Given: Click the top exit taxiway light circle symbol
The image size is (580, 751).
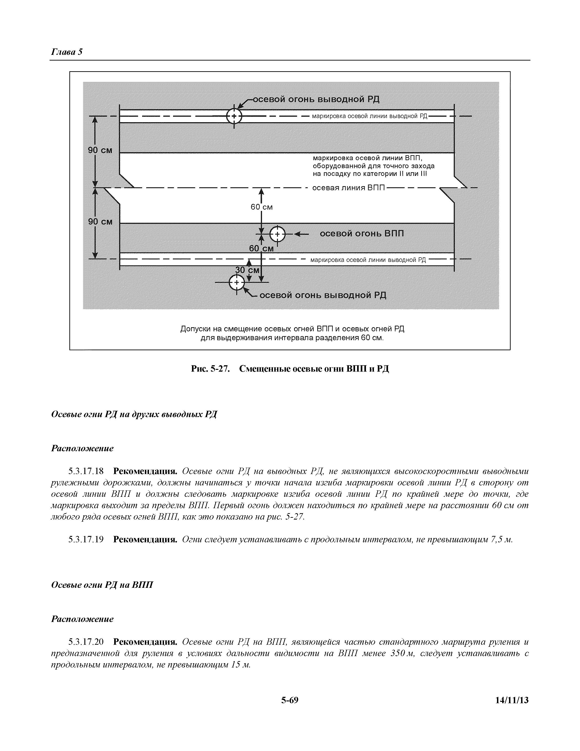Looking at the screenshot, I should (234, 116).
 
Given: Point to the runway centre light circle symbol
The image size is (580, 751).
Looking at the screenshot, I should (277, 234).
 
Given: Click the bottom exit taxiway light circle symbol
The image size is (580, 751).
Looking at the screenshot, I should (236, 283).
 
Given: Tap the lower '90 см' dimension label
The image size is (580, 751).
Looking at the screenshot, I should (100, 222).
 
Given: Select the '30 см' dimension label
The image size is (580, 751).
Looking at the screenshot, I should (247, 270).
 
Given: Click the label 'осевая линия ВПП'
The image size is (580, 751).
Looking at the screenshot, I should (348, 188).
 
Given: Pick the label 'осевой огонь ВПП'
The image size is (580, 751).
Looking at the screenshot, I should (362, 234).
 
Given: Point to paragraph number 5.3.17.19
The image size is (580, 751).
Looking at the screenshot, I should (86, 540).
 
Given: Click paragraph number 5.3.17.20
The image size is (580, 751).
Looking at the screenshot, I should (86, 642).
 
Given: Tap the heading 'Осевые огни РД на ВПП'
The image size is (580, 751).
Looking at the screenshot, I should (102, 585).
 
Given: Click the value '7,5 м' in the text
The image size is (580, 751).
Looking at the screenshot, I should (501, 540).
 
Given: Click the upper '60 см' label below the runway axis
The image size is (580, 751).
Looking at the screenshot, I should (262, 207).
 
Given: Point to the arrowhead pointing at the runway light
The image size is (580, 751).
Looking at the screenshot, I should (297, 234).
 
